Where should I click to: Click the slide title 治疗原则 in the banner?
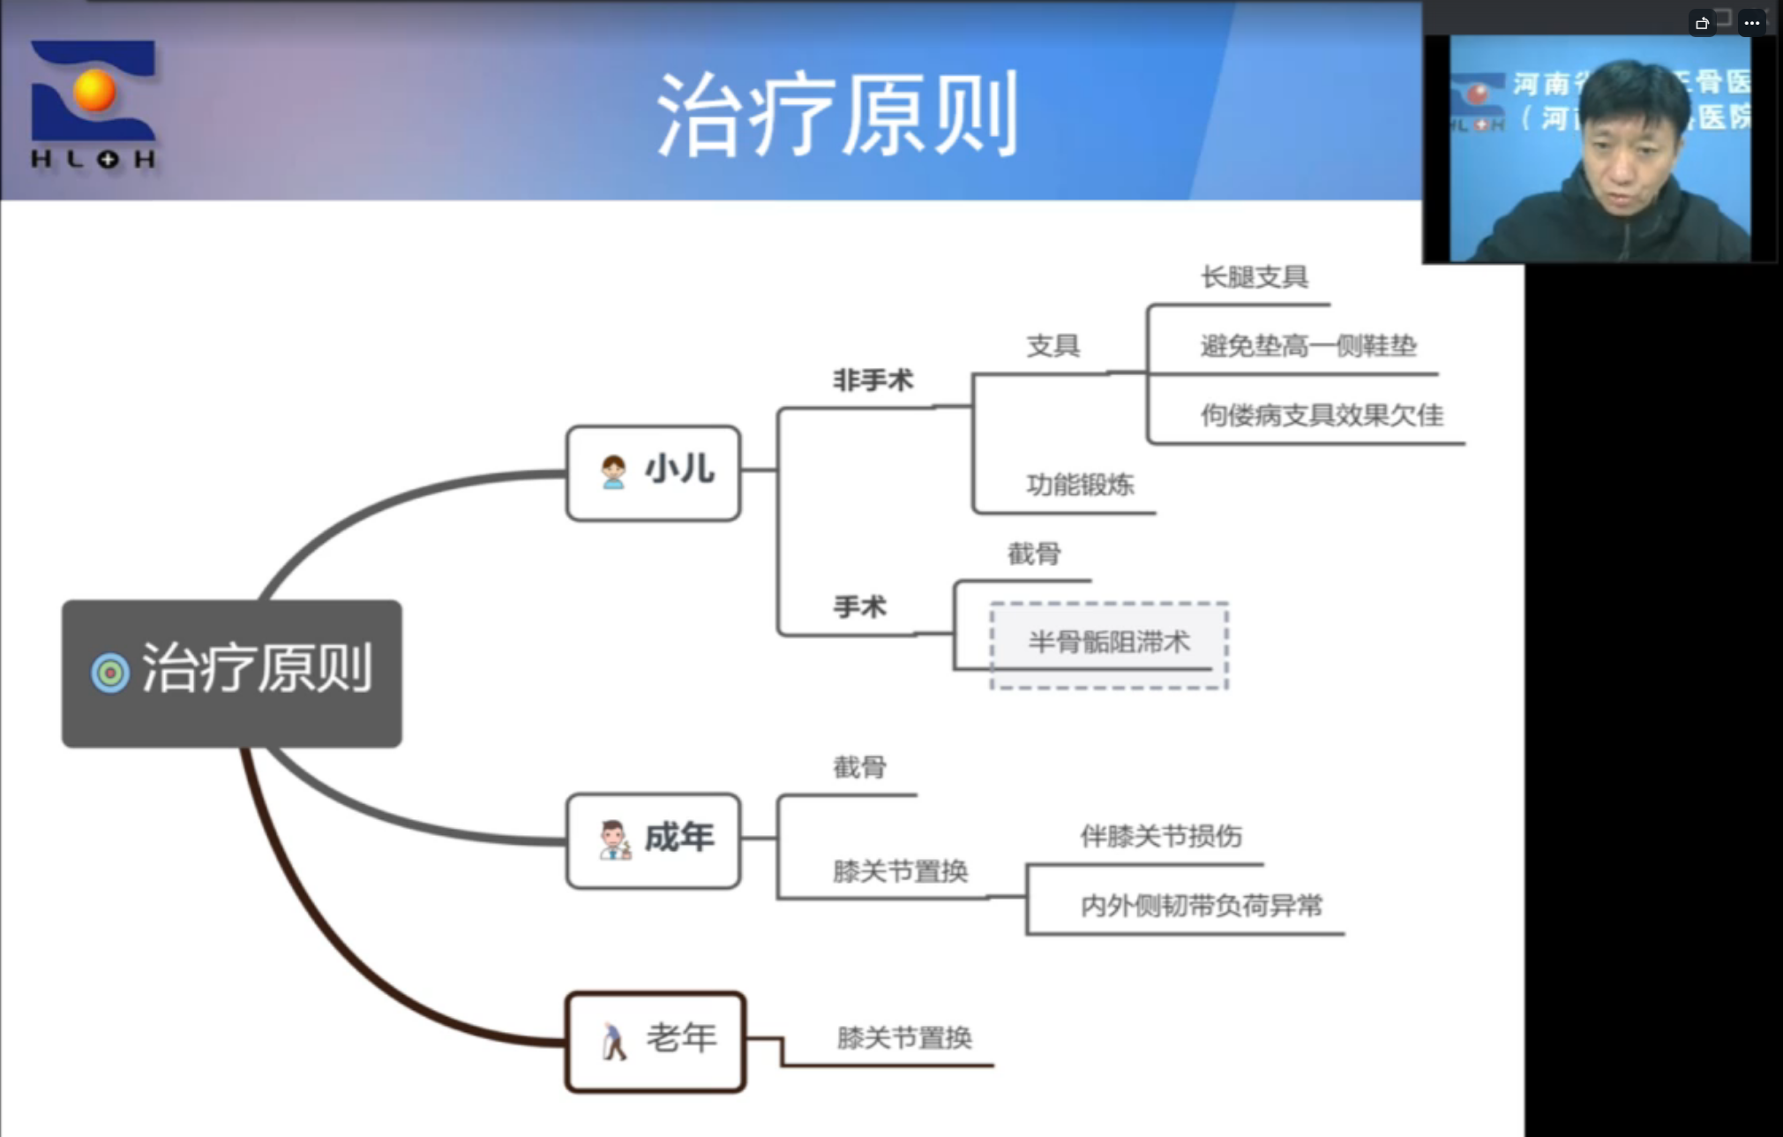click(x=836, y=115)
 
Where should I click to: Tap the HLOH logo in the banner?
click(x=94, y=104)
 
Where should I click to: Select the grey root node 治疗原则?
click(x=231, y=673)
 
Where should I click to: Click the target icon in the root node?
click(x=110, y=673)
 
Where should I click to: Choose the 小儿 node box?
click(x=654, y=472)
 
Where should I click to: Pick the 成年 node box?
click(x=654, y=840)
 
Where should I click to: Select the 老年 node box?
click(x=656, y=1041)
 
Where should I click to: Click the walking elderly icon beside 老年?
click(x=613, y=1041)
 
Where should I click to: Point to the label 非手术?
click(x=873, y=380)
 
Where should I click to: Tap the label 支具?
click(x=1053, y=345)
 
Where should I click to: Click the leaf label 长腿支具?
click(x=1254, y=277)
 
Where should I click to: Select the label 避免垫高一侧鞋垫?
click(x=1308, y=345)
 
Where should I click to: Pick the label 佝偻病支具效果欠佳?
click(x=1322, y=415)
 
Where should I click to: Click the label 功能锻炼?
click(x=1080, y=485)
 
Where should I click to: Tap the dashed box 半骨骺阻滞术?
click(x=1109, y=644)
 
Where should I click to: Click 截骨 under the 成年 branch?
click(x=859, y=767)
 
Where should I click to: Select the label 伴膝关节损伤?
click(x=1161, y=836)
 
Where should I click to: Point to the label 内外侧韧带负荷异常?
click(x=1201, y=906)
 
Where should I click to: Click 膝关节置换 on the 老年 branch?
click(x=904, y=1037)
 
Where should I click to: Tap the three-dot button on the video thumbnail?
click(x=1751, y=23)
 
